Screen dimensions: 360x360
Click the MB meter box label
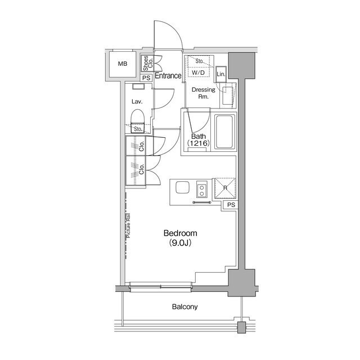click(123, 64)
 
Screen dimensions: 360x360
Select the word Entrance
click(168, 75)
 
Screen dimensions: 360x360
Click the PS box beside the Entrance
click(146, 78)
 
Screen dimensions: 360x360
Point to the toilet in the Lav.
click(137, 121)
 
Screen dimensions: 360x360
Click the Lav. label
click(137, 101)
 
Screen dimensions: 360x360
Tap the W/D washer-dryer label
click(198, 73)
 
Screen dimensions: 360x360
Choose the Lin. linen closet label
click(221, 74)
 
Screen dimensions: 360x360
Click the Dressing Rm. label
click(204, 93)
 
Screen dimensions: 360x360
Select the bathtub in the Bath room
click(224, 132)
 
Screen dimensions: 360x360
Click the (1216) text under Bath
click(199, 143)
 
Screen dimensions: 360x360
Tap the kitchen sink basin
click(182, 187)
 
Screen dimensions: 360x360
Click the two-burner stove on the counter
click(202, 190)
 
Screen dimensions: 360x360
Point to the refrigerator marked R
click(225, 188)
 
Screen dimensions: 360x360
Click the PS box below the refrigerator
click(231, 205)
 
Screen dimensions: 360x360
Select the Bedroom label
click(180, 233)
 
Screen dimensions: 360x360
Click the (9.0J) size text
click(180, 242)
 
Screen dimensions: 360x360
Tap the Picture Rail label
click(128, 226)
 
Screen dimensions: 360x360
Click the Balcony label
click(185, 307)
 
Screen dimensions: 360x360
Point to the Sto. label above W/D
click(200, 61)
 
